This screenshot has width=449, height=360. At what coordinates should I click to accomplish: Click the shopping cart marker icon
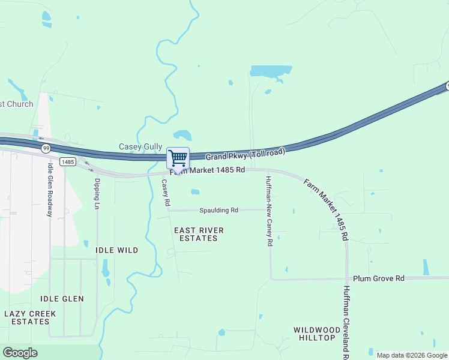coord(178,158)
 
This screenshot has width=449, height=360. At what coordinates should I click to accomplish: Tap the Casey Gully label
coord(140,146)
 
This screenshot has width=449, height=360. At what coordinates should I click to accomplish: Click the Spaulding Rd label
coord(219,210)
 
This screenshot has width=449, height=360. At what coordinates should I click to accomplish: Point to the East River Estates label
coord(199,234)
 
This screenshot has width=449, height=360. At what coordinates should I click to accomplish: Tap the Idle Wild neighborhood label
coord(116,250)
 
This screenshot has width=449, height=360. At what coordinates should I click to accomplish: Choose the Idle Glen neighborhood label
coord(62,299)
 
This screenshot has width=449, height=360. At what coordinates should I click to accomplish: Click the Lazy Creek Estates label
coord(30,317)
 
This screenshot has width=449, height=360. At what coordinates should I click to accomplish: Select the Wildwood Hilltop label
coord(314,334)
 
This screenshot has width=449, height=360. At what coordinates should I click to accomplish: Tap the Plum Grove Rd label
coord(379,278)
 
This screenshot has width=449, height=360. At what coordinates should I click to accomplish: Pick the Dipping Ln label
coord(97,193)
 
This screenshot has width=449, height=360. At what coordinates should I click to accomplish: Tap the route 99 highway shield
coord(46,148)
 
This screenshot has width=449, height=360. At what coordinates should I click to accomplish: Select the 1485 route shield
coord(68,161)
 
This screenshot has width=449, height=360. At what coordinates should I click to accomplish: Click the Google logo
coord(20,353)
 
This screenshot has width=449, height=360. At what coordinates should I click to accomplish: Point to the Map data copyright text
coord(412,355)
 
